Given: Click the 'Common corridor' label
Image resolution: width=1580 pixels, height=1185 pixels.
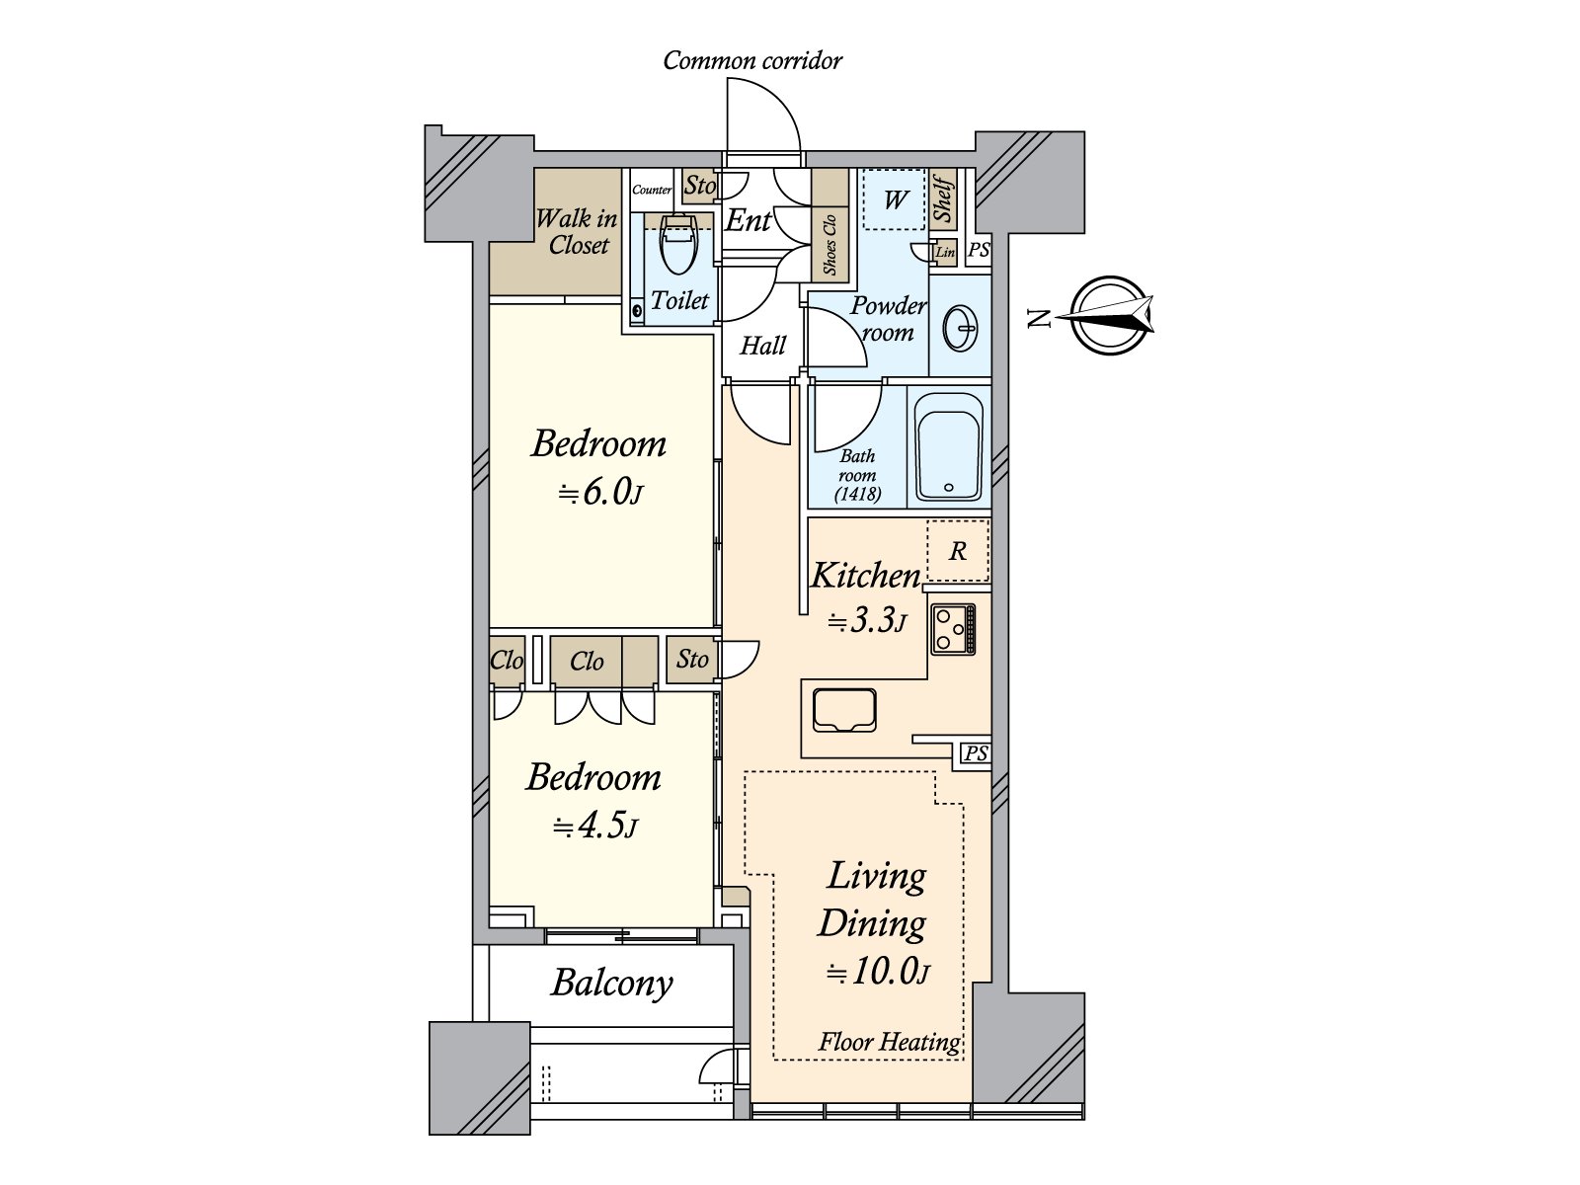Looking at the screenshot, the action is point(752,60).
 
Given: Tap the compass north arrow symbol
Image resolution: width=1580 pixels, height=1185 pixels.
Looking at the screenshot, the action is point(1109,315).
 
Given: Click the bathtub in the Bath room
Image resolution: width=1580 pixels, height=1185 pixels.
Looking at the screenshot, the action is point(949,446).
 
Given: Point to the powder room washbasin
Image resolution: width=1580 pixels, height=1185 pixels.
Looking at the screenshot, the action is point(960,328).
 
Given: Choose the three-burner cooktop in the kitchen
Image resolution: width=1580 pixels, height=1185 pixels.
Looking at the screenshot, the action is point(953,629).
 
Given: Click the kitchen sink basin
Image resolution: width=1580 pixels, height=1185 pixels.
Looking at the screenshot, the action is point(844,710).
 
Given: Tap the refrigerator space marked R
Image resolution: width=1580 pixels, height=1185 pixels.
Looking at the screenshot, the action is point(957,550).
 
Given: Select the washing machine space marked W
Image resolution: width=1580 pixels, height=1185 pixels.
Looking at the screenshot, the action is point(894,199).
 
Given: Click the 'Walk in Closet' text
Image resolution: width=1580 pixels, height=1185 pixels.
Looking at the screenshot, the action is point(578,231).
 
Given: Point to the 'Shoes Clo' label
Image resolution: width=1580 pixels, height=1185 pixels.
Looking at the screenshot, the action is point(829,245).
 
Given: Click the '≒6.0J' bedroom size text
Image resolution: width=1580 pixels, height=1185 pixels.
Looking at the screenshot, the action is point(600,494).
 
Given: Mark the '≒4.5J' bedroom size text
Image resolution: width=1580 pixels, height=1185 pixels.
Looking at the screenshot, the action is point(594,827).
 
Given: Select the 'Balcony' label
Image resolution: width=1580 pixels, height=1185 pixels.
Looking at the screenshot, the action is point(612,984).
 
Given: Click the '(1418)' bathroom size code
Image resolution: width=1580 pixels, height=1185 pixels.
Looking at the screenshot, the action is point(857,495).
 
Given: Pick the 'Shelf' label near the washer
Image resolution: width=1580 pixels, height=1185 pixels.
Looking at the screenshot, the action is point(942,198).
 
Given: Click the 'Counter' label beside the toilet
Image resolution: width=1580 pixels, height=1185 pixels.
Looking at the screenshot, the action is point(652,190).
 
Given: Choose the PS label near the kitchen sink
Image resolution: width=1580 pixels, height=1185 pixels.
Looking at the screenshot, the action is point(976,754).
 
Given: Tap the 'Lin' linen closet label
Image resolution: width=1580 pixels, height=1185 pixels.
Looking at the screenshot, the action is point(944,252).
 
